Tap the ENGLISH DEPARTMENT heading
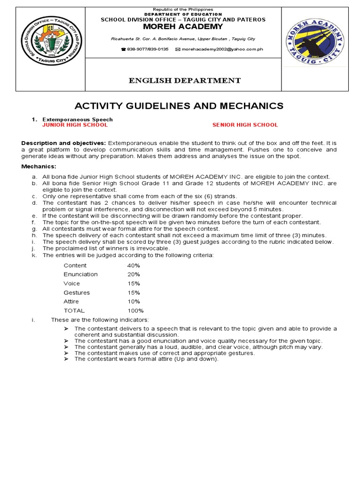coord(185,80)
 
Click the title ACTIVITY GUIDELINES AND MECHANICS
coord(180,106)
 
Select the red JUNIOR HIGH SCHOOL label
coord(75,125)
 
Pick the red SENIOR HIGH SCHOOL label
coord(245,125)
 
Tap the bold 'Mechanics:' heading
coord(39,167)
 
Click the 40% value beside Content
coord(133,265)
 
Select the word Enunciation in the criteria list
coord(81,274)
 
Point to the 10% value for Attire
coord(133,301)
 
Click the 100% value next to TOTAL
coord(135,311)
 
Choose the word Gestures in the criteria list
coord(77,292)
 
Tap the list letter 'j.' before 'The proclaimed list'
coord(33,249)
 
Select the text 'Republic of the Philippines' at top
coord(184,9)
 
